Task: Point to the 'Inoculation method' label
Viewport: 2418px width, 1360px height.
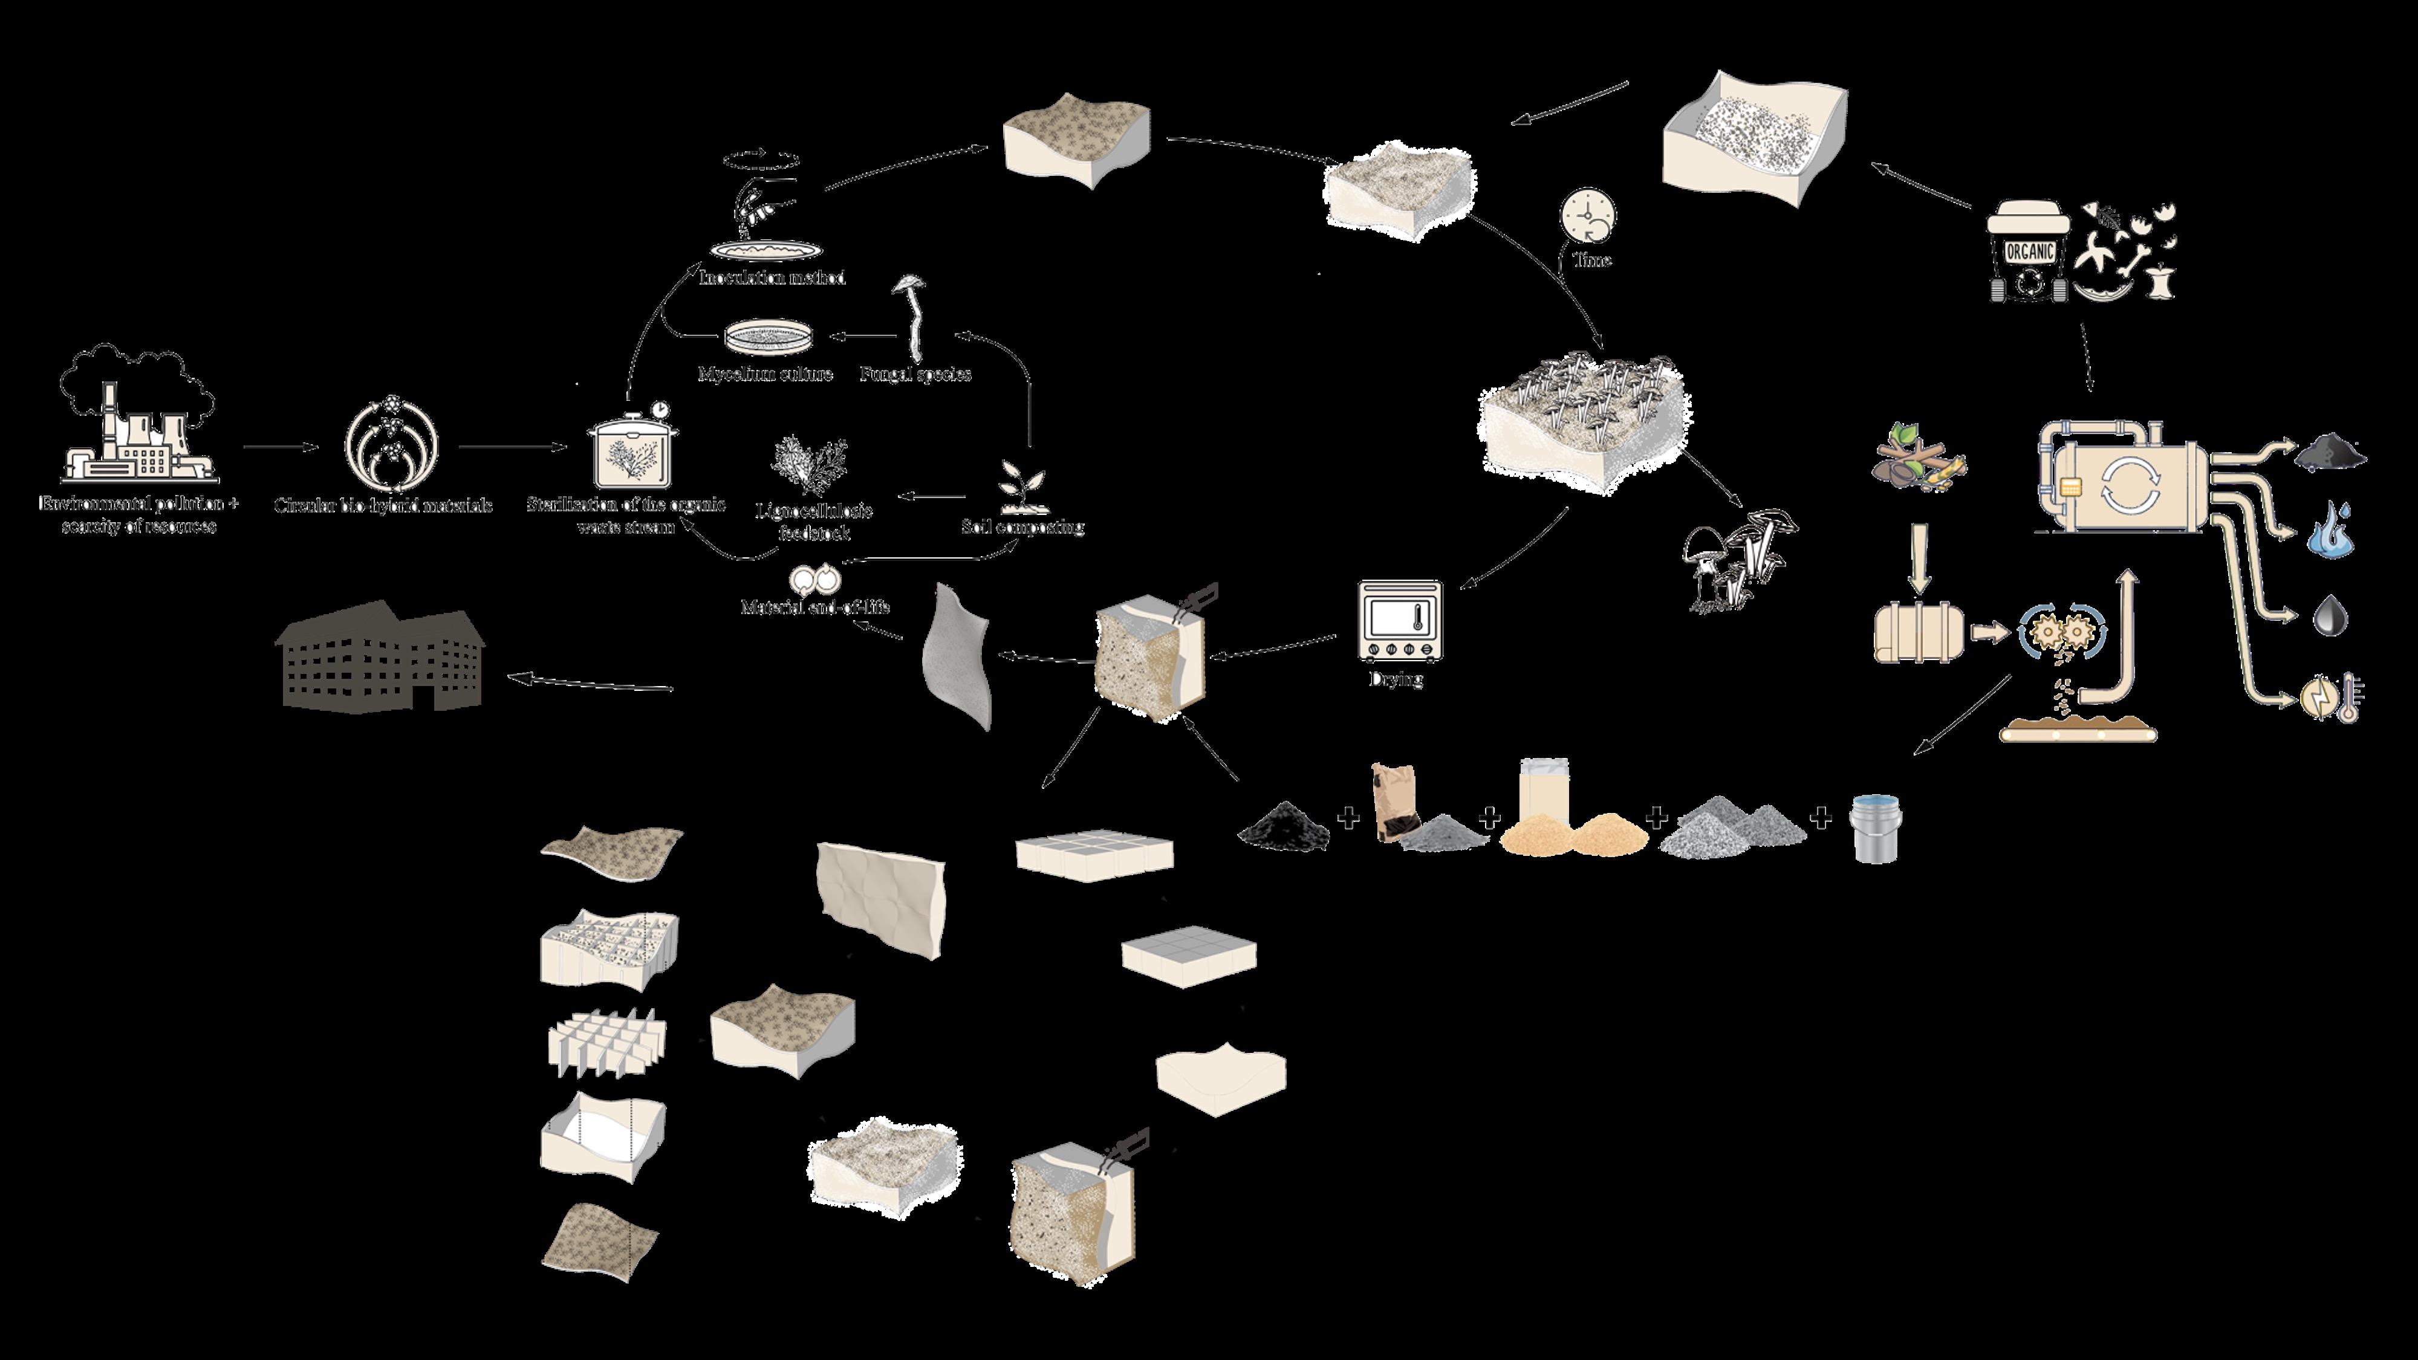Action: [772, 278]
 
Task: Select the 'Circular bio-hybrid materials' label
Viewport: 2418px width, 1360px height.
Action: [382, 505]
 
